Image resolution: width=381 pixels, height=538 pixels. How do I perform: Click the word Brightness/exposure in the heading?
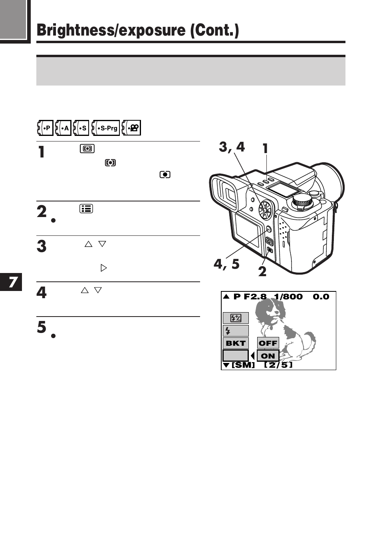(x=111, y=30)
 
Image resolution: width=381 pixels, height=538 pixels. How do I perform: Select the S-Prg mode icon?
(x=105, y=128)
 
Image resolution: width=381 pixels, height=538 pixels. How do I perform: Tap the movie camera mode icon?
(x=131, y=128)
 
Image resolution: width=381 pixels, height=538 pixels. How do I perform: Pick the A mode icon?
(x=63, y=128)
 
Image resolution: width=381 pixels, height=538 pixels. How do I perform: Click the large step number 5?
(x=42, y=327)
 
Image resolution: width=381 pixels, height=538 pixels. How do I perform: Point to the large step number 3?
(x=42, y=246)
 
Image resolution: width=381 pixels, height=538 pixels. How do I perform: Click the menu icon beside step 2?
(x=86, y=209)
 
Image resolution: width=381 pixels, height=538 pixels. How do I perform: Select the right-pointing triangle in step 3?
(x=104, y=268)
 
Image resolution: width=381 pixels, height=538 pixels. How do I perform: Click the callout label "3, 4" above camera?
(x=232, y=147)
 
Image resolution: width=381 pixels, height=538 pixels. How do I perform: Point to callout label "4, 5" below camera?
(x=226, y=264)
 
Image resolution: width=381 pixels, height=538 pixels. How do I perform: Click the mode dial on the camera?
(x=302, y=201)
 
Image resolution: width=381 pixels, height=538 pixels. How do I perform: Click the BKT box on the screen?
(x=236, y=343)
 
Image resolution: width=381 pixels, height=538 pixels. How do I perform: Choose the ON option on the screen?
(x=268, y=356)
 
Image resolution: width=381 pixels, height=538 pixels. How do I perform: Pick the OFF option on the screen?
(x=268, y=343)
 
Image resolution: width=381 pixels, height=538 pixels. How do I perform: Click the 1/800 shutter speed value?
(x=288, y=297)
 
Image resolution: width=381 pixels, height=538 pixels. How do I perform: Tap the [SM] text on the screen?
(x=243, y=365)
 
